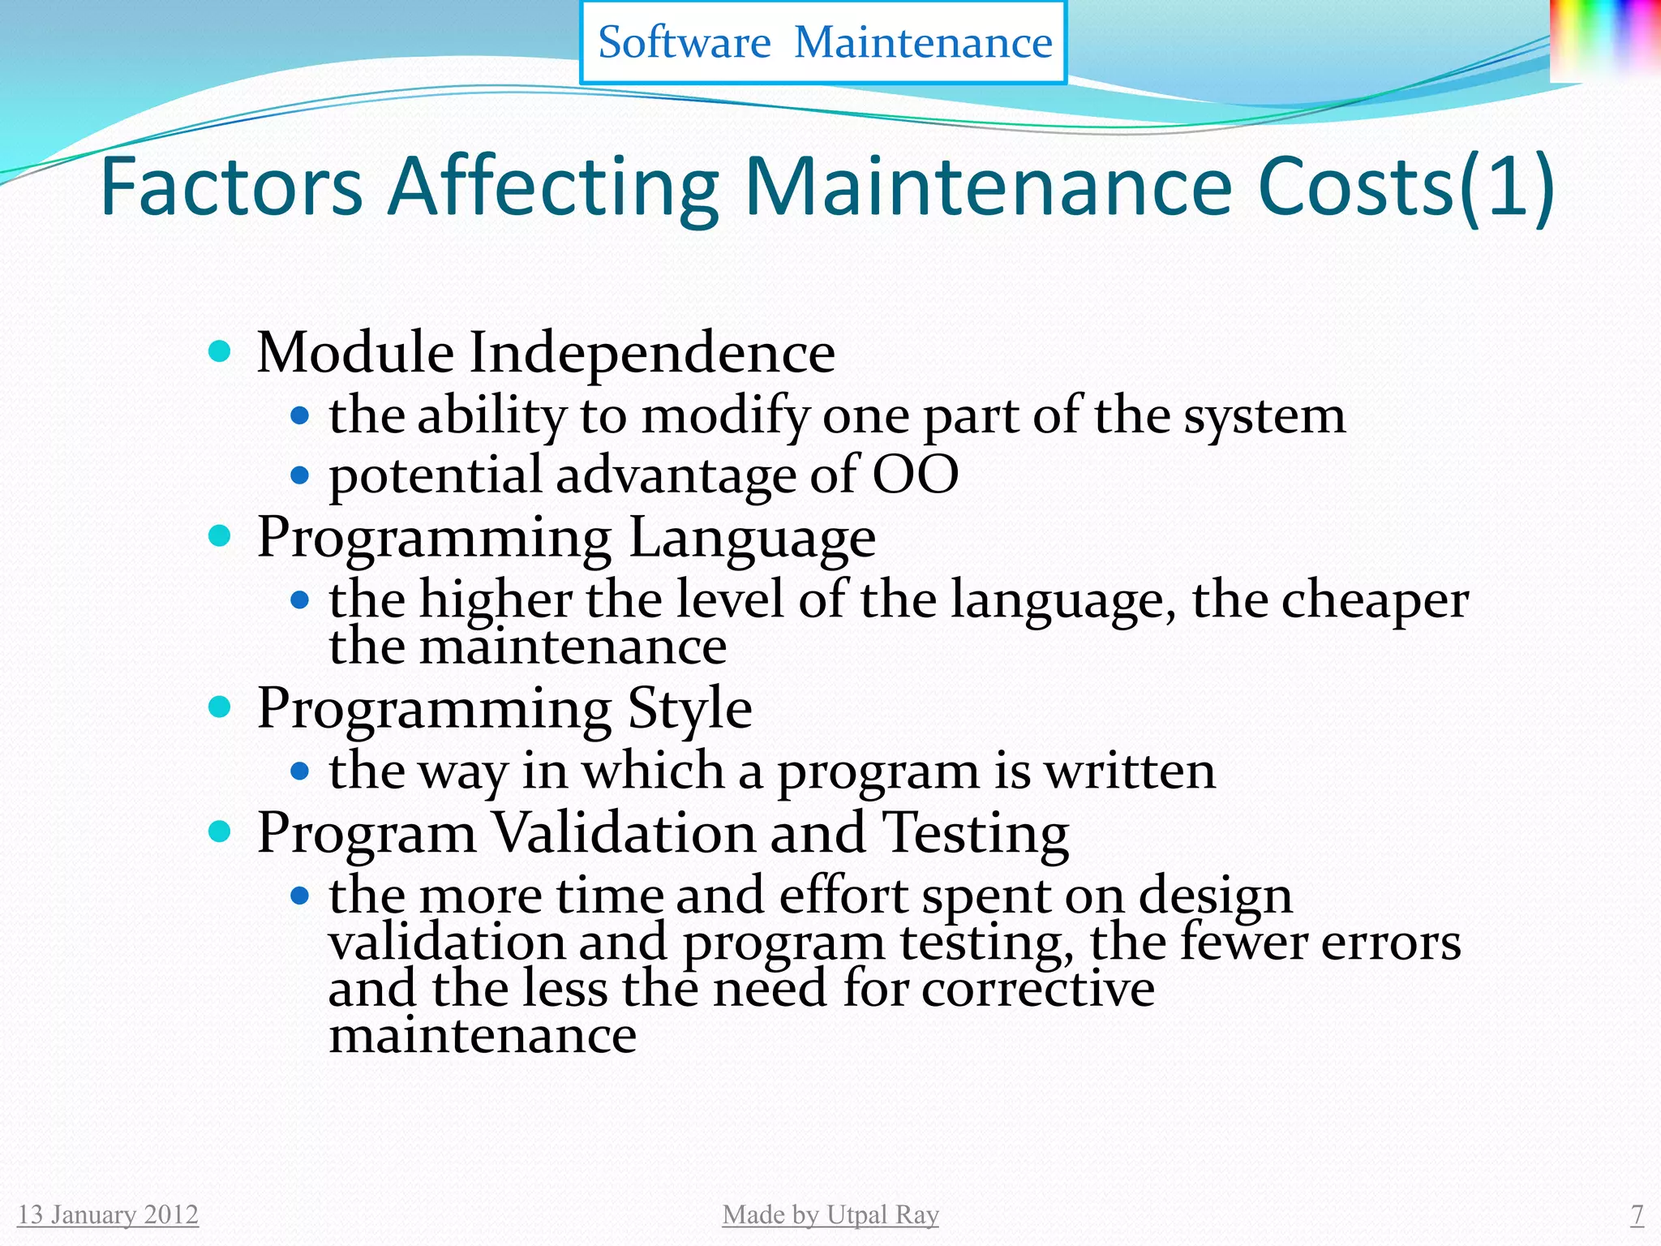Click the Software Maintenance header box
823,42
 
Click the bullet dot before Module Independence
219,352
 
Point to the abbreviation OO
915,475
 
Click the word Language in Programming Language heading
752,538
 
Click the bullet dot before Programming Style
219,707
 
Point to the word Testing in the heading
975,833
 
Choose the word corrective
1037,989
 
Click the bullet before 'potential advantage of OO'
300,475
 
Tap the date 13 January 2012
108,1214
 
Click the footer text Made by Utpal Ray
830,1214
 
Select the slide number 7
1637,1214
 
